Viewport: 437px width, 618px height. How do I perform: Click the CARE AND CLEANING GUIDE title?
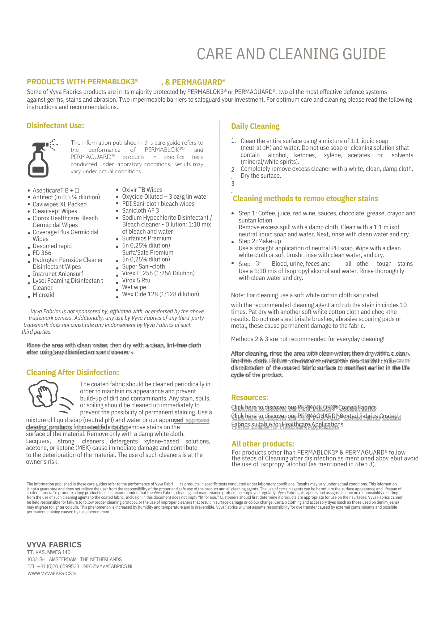pyautogui.click(x=291, y=54)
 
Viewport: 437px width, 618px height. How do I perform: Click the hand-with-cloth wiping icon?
pyautogui.click(x=49, y=397)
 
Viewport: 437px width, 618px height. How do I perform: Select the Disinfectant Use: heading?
pyautogui.click(x=55, y=126)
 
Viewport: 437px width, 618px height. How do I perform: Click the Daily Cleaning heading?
pyautogui.click(x=255, y=126)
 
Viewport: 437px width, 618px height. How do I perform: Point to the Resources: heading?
pyautogui.click(x=250, y=398)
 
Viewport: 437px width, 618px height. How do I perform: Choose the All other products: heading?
pyautogui.click(x=263, y=444)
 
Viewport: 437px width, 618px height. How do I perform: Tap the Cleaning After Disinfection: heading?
pyautogui.click(x=73, y=373)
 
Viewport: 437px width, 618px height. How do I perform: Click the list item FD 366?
pyautogui.click(x=42, y=253)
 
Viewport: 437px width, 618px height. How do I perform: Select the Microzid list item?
pyautogui.click(x=44, y=295)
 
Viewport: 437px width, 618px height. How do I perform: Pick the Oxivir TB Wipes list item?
pyautogui.click(x=142, y=190)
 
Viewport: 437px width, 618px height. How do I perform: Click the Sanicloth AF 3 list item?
pyautogui.click(x=141, y=211)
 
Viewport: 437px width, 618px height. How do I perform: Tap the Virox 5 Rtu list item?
pyautogui.click(x=136, y=281)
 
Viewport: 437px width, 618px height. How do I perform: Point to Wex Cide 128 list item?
pyautogui.click(x=160, y=294)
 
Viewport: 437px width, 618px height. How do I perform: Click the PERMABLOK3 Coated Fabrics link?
pyautogui.click(x=304, y=408)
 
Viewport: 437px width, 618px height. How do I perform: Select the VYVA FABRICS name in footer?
pyautogui.click(x=54, y=545)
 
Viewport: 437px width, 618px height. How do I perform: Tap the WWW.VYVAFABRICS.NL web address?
pyautogui.click(x=53, y=574)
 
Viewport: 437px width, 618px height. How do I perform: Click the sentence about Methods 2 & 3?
pyautogui.click(x=308, y=339)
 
